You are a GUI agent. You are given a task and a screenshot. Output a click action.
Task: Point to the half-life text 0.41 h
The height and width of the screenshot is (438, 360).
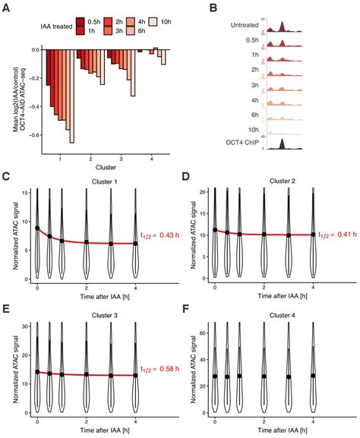click(x=338, y=235)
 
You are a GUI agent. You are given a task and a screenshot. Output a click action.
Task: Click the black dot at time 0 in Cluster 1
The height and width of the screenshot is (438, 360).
click(x=37, y=228)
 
